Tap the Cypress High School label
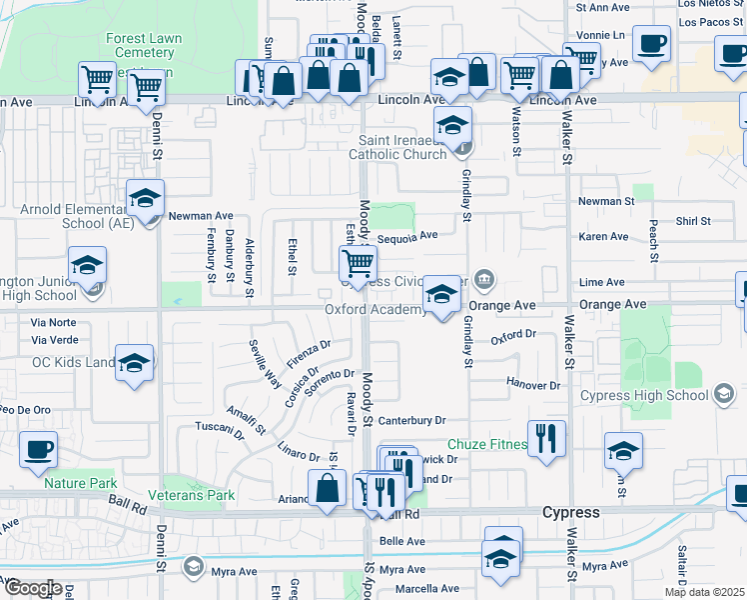click(x=644, y=395)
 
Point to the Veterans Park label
click(x=192, y=495)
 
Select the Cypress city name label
click(x=570, y=512)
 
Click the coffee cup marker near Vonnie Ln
click(x=652, y=44)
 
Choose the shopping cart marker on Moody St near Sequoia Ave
click(x=358, y=264)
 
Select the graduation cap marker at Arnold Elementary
click(x=145, y=199)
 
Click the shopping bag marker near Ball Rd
click(x=328, y=489)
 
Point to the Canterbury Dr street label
click(x=410, y=421)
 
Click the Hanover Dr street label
click(x=534, y=385)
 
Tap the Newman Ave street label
click(x=200, y=215)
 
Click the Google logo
click(x=33, y=587)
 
